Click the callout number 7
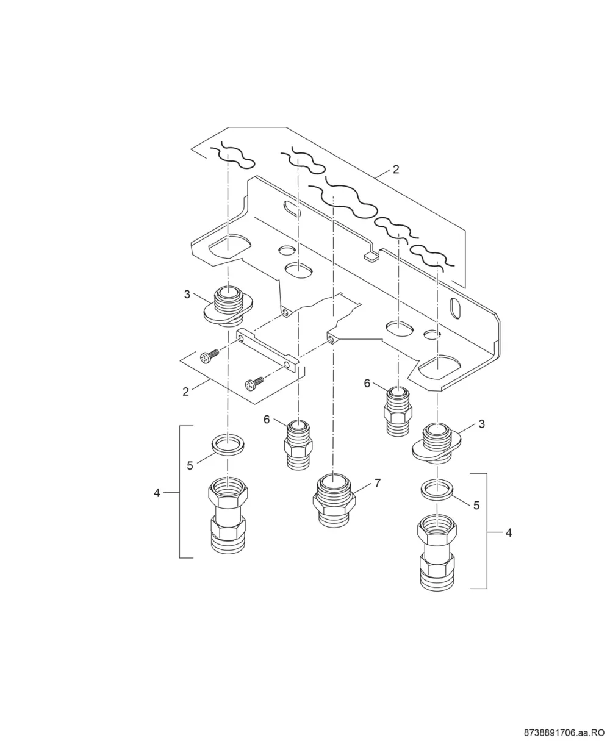point(378,484)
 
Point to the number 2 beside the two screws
point(186,392)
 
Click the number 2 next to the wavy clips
point(396,170)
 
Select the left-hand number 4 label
point(157,493)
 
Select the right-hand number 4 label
point(509,533)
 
